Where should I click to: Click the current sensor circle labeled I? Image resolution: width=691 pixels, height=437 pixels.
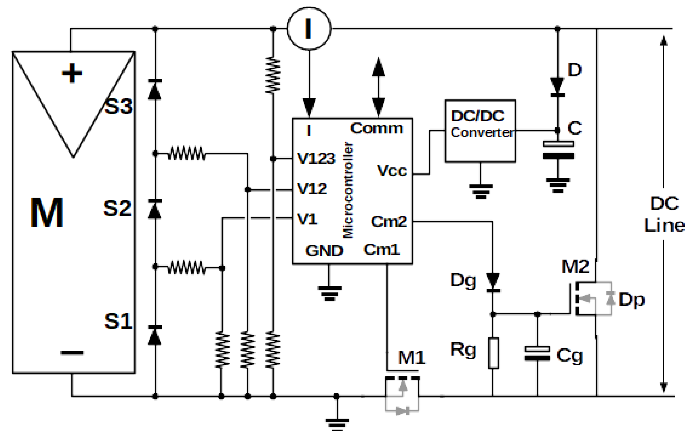(309, 28)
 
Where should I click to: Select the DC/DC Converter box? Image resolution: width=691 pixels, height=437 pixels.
(480, 131)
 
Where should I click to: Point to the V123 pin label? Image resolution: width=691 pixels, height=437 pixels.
(316, 158)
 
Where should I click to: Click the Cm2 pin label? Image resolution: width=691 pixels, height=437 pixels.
(389, 221)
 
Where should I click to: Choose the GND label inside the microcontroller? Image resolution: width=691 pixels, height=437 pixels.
(324, 251)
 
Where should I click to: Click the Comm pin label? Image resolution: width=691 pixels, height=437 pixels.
(376, 128)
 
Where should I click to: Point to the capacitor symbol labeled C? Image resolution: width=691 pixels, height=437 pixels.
(558, 150)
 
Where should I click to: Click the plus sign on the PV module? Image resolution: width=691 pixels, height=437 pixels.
(72, 73)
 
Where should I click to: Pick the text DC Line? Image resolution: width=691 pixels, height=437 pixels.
(664, 214)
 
